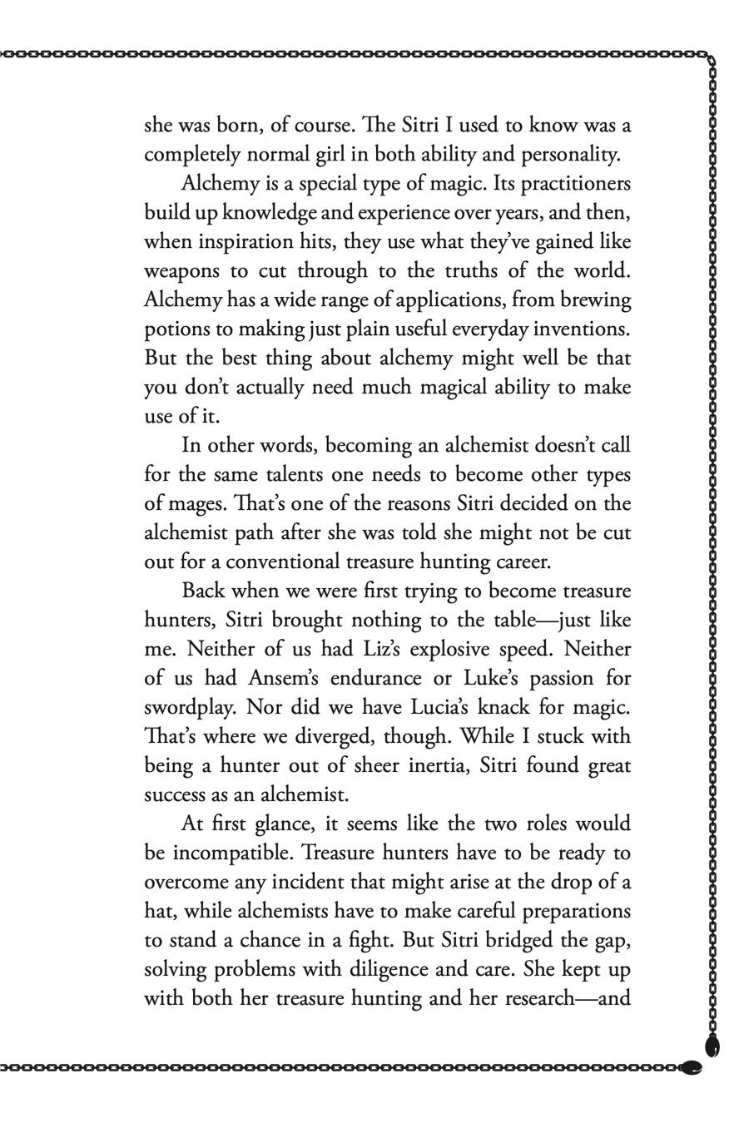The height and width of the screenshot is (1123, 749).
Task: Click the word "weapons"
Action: [x=182, y=271]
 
